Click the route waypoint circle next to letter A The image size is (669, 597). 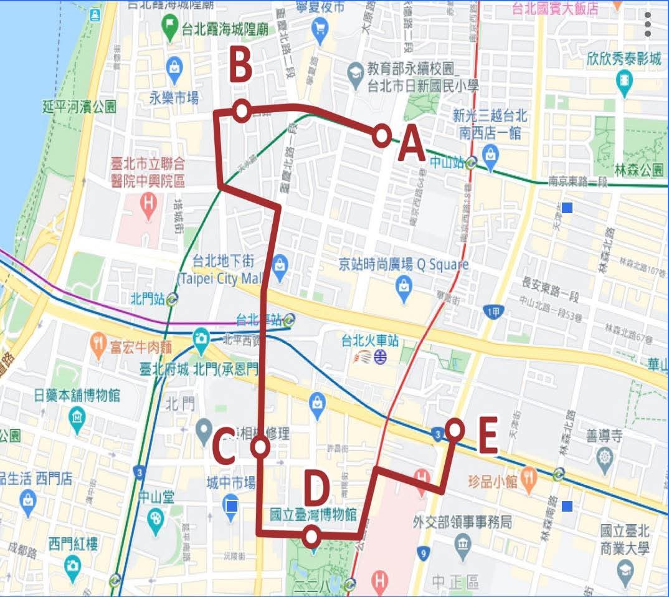pos(382,135)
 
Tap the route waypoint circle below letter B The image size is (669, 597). pos(242,111)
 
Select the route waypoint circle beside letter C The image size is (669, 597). pos(260,447)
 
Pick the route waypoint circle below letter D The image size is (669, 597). pos(311,535)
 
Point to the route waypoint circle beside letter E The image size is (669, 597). pos(455,430)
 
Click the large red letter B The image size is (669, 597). pos(240,65)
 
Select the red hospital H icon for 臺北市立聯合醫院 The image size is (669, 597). pos(148,203)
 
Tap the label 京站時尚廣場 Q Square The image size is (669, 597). pos(403,264)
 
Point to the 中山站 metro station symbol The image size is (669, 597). pos(472,163)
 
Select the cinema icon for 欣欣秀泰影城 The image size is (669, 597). pos(624,80)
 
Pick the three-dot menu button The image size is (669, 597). pos(648,24)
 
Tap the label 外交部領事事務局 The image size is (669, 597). pos(462,522)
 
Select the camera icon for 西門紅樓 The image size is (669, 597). pos(73,566)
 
